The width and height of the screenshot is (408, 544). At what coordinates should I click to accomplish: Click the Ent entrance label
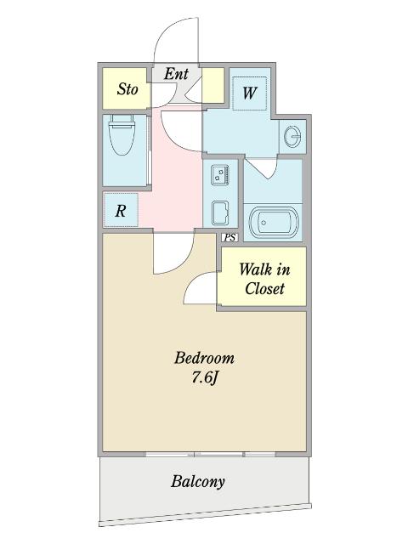(176, 74)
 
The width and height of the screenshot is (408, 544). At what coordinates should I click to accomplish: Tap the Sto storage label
(127, 89)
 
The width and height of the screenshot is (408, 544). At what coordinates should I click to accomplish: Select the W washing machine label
(250, 93)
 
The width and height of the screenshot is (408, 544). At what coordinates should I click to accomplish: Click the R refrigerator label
(121, 211)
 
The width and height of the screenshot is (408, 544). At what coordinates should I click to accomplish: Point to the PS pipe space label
(229, 237)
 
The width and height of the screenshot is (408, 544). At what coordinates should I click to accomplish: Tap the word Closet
(264, 289)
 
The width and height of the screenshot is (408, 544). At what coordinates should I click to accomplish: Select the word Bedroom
(204, 358)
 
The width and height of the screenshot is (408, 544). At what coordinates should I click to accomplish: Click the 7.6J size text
(205, 377)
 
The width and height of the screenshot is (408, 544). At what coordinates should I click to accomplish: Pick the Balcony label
(198, 482)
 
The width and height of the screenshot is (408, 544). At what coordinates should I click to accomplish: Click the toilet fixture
(122, 134)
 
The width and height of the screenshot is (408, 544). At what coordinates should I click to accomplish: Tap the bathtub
(274, 223)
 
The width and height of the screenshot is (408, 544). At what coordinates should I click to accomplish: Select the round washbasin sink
(292, 136)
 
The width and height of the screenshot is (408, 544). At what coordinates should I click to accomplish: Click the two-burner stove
(219, 175)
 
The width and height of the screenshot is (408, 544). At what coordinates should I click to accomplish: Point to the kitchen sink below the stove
(220, 212)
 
